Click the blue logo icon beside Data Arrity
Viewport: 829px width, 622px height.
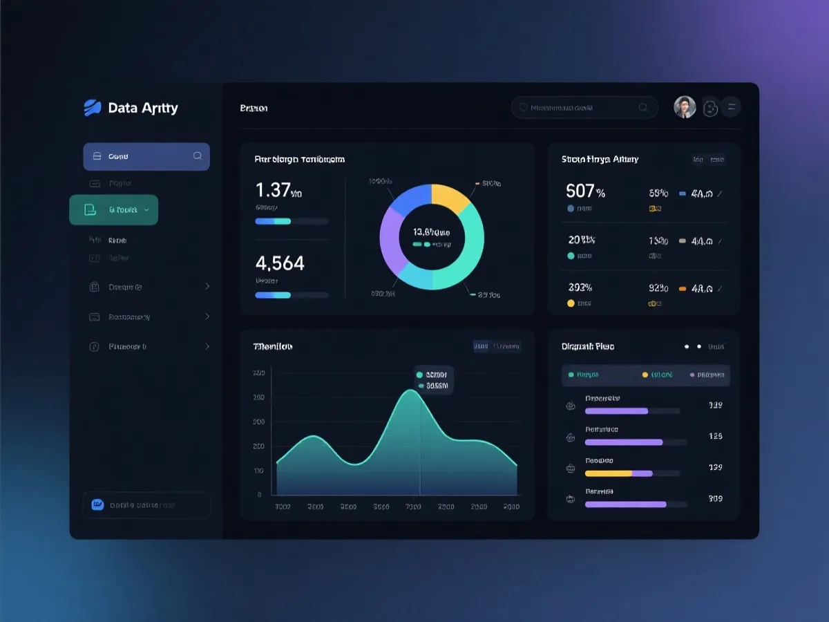click(x=93, y=108)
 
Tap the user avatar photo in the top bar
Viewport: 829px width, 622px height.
click(x=685, y=107)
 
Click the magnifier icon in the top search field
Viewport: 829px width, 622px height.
click(x=643, y=107)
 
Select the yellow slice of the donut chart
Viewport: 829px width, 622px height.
click(x=450, y=200)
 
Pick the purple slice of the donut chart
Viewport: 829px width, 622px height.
click(x=391, y=238)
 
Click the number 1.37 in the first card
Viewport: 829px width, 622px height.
click(x=272, y=190)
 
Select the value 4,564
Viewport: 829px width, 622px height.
click(x=280, y=263)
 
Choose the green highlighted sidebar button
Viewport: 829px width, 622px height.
click(x=114, y=209)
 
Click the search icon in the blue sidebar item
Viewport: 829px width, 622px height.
click(x=198, y=156)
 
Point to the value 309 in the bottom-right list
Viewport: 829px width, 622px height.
click(x=716, y=498)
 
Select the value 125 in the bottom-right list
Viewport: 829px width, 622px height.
click(x=716, y=436)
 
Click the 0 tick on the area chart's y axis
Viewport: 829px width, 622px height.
click(x=260, y=495)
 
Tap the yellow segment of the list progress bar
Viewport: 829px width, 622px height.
click(x=608, y=473)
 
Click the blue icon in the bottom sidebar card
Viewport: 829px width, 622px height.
click(x=97, y=505)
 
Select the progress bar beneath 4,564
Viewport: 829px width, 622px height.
click(x=292, y=295)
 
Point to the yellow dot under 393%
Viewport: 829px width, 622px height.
click(x=571, y=303)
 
